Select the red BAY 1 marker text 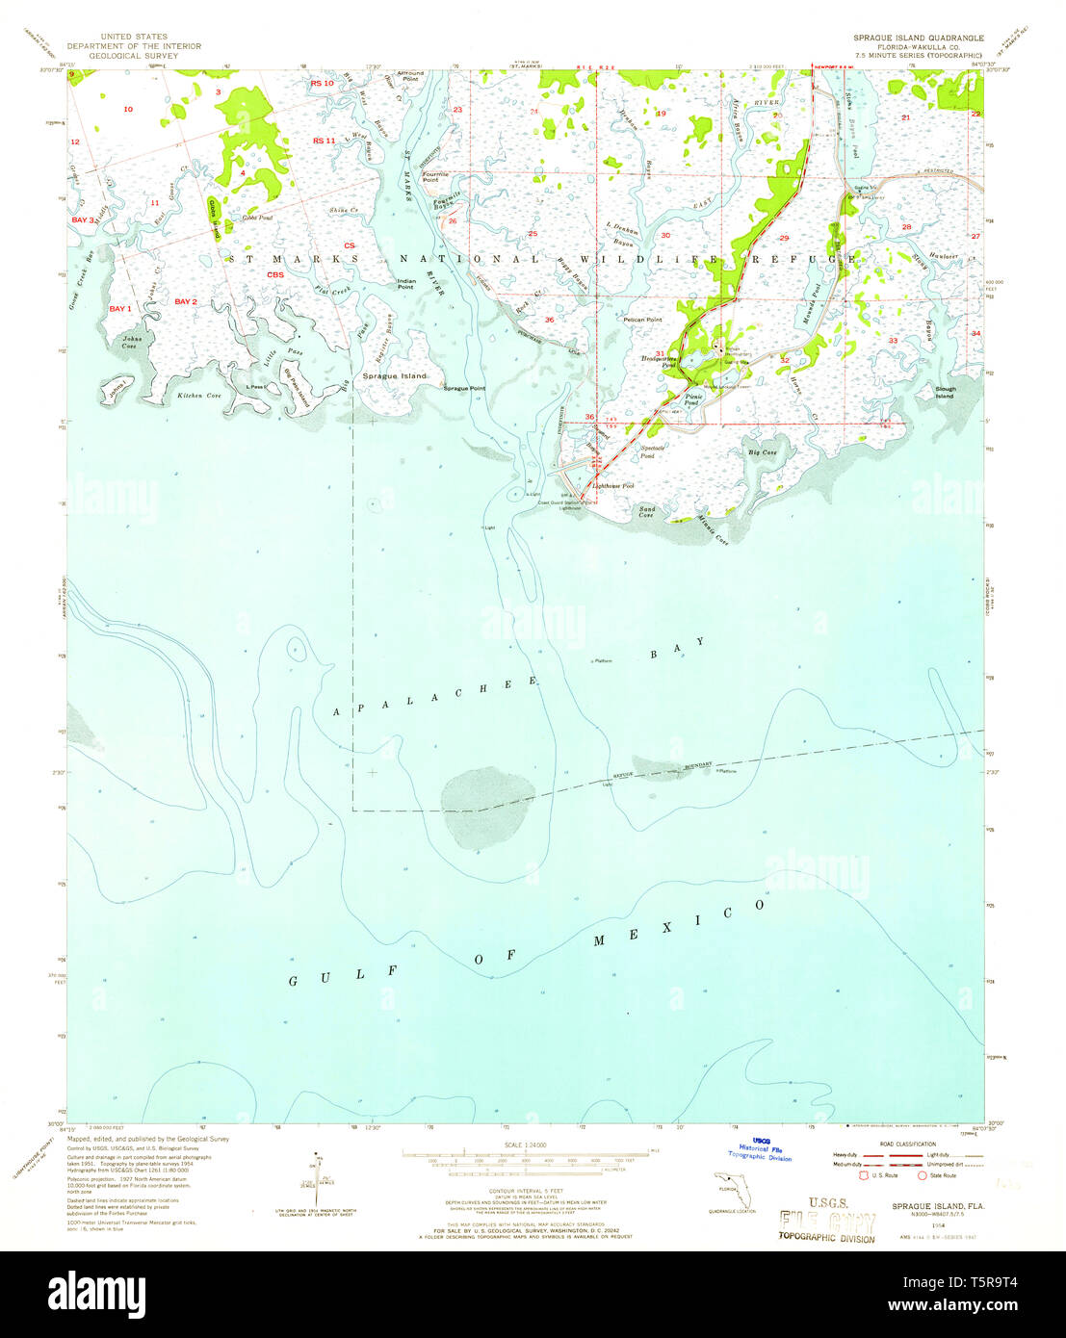pos(119,308)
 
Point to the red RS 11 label pos(324,142)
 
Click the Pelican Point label pos(642,319)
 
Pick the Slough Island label pos(945,392)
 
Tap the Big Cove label pos(762,451)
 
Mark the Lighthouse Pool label pos(614,486)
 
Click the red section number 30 pos(665,235)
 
